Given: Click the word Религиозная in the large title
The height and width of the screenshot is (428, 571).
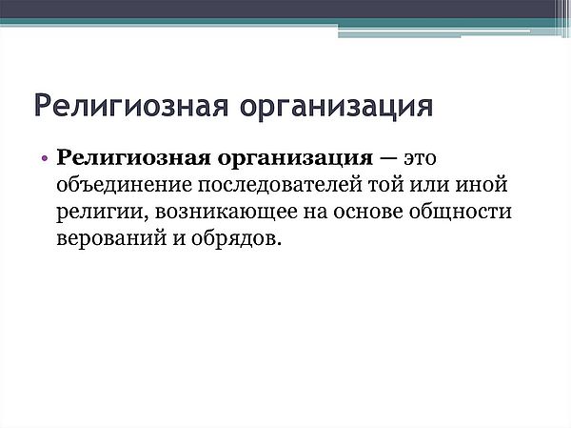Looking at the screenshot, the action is (131, 106).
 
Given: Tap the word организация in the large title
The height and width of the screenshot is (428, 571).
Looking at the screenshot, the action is (336, 108).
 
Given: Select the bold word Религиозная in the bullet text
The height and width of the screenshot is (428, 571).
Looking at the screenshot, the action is (133, 159).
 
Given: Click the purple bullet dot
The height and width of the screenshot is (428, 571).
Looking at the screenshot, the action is (45, 159).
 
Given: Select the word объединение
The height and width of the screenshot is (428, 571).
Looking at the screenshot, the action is (124, 185).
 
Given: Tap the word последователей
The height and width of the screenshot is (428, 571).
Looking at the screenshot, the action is (281, 185).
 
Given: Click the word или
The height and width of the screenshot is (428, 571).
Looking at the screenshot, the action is (429, 185).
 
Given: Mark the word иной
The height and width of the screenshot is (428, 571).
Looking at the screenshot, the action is (482, 184).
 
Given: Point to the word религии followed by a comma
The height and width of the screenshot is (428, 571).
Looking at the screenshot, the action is (103, 213).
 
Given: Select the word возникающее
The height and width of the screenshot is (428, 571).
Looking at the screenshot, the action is (226, 213).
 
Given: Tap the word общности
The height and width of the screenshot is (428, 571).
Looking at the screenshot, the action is (461, 213).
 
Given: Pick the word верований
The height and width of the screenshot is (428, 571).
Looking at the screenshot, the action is (111, 238).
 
